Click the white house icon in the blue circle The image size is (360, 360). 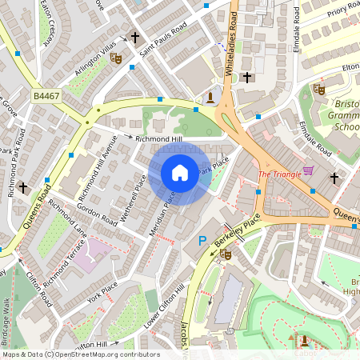[x=180, y=173]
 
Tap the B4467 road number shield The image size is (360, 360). [x=47, y=96]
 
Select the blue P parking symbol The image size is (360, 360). [x=202, y=241]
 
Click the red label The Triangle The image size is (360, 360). [x=279, y=174]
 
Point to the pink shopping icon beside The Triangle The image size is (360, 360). [x=308, y=171]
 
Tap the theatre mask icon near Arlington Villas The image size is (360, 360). [x=115, y=58]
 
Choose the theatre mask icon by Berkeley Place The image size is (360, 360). [x=226, y=254]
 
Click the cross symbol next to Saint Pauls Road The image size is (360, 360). [x=134, y=38]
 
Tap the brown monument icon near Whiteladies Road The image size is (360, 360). [x=210, y=97]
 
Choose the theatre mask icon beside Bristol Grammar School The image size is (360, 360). [x=318, y=89]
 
